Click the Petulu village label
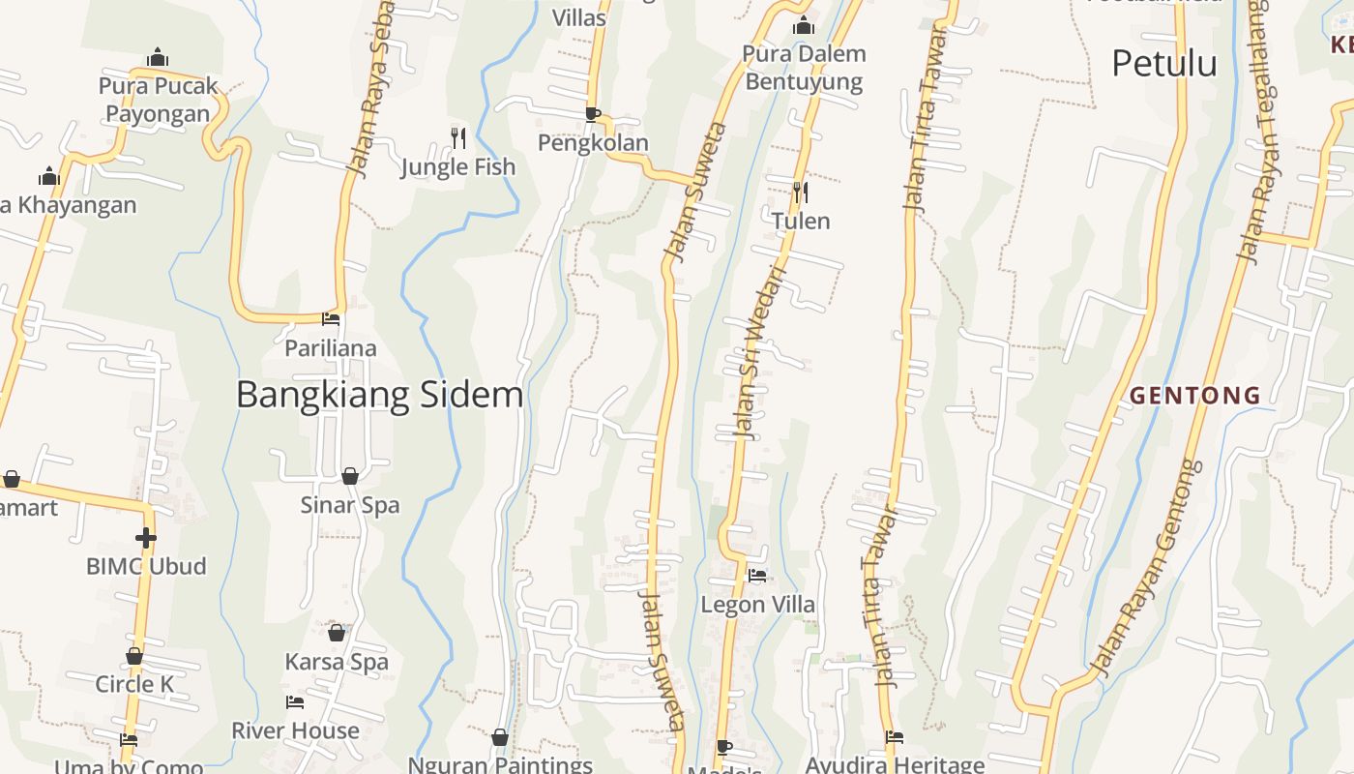point(1164,64)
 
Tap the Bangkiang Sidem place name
point(379,395)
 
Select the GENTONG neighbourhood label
point(1195,396)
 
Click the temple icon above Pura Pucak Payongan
point(158,57)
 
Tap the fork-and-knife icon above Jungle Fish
point(458,138)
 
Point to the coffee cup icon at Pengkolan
point(592,115)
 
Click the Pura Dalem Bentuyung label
point(804,67)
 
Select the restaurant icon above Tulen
point(800,193)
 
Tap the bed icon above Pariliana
point(331,318)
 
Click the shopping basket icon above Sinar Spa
point(350,476)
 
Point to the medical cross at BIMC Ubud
point(146,537)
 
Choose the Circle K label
point(134,684)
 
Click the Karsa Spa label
point(337,662)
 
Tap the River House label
point(295,730)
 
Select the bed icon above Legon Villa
point(757,576)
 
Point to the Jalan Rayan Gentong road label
point(1147,569)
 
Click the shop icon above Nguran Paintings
point(500,738)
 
